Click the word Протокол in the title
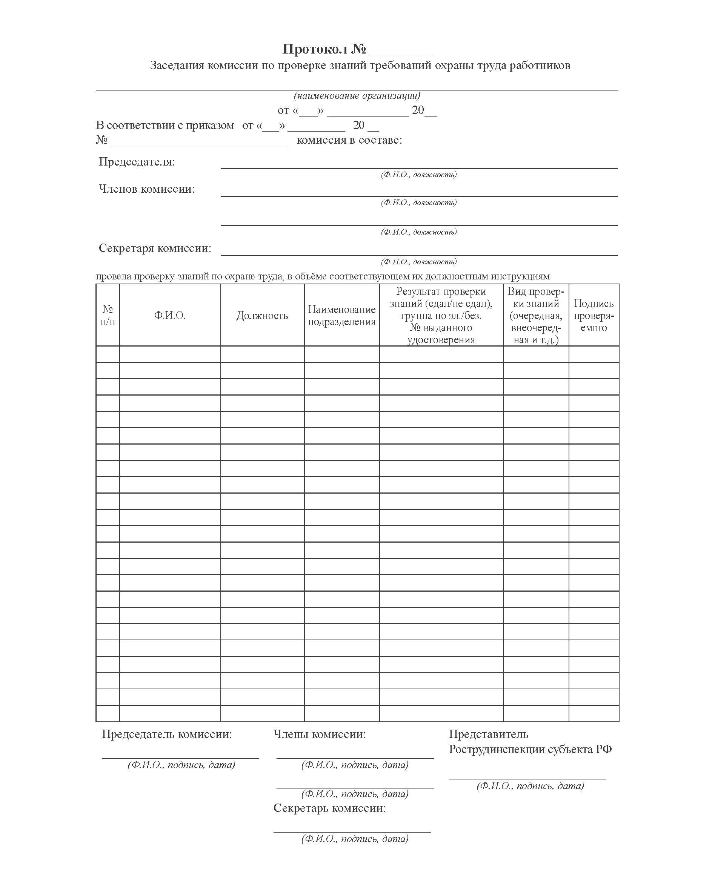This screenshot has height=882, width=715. point(315,49)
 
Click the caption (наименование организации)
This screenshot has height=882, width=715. point(357,96)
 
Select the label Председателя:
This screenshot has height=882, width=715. point(137,162)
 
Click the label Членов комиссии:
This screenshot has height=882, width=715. point(147,189)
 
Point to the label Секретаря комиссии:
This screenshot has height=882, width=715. point(155,248)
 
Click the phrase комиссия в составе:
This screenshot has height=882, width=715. point(349,140)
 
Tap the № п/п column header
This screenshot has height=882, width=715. point(108,315)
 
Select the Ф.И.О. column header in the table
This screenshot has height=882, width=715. point(170,316)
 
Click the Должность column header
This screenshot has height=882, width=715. point(262,316)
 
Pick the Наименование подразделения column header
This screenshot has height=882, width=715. point(341,316)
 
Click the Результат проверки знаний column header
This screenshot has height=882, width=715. point(441,315)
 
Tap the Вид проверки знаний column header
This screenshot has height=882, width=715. point(536,315)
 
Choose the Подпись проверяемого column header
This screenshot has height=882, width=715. point(594,315)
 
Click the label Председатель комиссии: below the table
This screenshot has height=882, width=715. point(167,734)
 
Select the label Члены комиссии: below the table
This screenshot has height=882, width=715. point(320,734)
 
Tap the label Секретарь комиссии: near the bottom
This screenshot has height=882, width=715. point(330,808)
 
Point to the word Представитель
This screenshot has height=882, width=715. point(489,734)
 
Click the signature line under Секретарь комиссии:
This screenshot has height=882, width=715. point(352,832)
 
